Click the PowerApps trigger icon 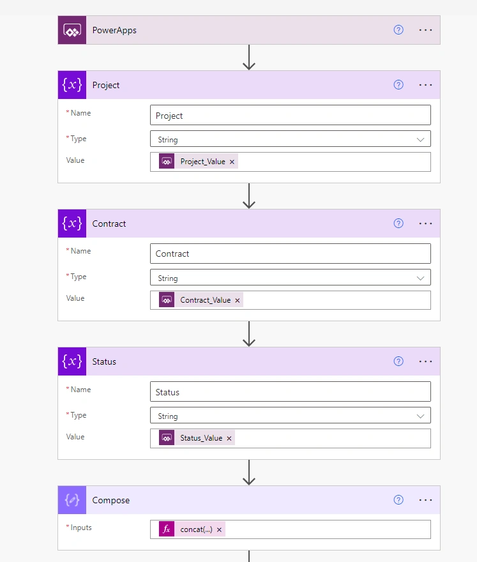click(x=72, y=30)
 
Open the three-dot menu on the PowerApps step click(x=425, y=30)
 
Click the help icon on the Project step click(x=398, y=85)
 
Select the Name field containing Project click(x=291, y=115)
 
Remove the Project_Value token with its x click(x=232, y=162)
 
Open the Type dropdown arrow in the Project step click(x=420, y=139)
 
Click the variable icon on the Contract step click(x=72, y=224)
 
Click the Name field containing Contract click(x=291, y=254)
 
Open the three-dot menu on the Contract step click(x=425, y=224)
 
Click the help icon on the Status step click(x=398, y=361)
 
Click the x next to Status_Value click(x=229, y=438)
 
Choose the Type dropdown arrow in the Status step click(x=420, y=416)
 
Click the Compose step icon click(x=72, y=500)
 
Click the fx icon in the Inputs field click(x=167, y=529)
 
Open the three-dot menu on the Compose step click(x=425, y=500)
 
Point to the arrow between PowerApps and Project click(x=248, y=57)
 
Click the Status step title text click(x=104, y=361)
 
